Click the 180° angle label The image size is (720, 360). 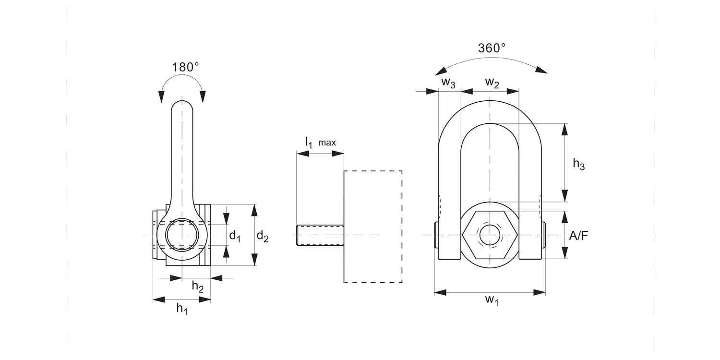click(185, 67)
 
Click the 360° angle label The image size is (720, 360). click(492, 48)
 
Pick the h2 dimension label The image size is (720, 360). click(197, 287)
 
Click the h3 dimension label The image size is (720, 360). click(578, 164)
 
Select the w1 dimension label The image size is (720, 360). click(491, 300)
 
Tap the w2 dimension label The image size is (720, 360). click(492, 82)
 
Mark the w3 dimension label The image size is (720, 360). click(448, 82)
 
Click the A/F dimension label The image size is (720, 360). click(578, 236)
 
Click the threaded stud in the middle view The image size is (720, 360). click(320, 235)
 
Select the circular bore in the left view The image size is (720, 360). click(182, 235)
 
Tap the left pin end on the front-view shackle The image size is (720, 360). click(436, 235)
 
